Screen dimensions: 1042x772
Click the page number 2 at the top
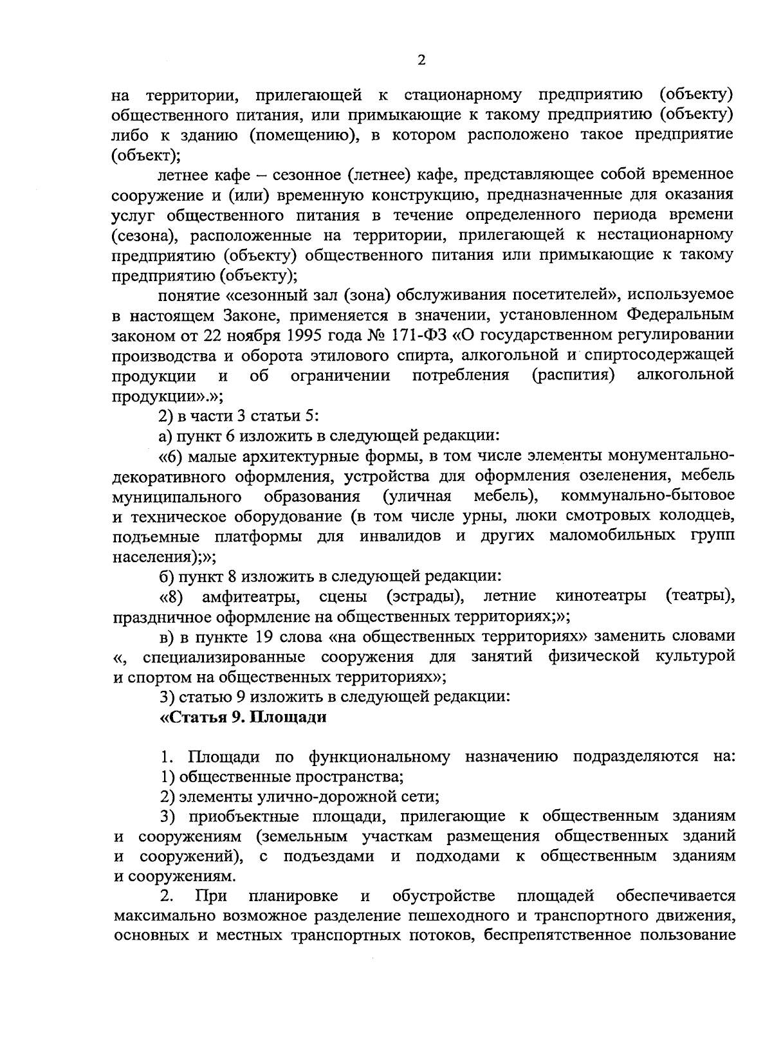click(421, 60)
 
